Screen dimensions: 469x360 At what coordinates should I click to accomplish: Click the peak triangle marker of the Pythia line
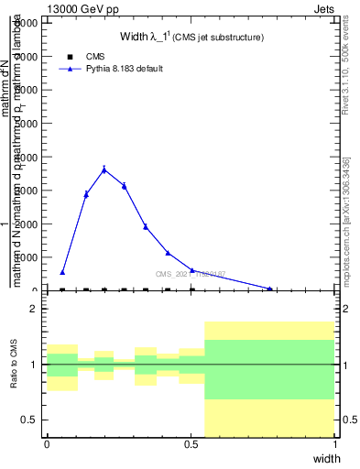(x=104, y=169)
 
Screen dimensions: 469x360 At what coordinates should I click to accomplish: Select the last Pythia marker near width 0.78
(x=270, y=289)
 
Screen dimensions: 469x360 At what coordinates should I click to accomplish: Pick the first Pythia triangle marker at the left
(x=62, y=272)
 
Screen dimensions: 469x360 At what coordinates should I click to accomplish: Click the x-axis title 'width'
(x=326, y=458)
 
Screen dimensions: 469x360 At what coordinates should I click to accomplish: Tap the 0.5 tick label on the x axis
(x=191, y=444)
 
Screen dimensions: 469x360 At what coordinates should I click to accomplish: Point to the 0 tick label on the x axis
(x=47, y=444)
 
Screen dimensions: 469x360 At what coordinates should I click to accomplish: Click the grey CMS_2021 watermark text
(x=190, y=274)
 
